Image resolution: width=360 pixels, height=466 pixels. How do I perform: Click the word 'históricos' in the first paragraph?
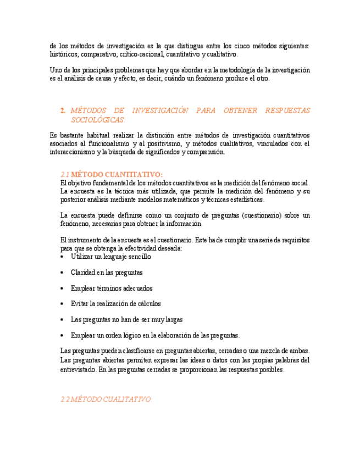[x=64, y=55]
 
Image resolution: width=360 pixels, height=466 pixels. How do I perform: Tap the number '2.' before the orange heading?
[x=63, y=110]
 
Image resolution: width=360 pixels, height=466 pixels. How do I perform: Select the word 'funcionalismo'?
[x=105, y=144]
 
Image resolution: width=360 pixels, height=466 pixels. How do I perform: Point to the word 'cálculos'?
[x=147, y=303]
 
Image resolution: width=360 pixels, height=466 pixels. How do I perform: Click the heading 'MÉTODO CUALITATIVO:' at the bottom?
[x=112, y=400]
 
